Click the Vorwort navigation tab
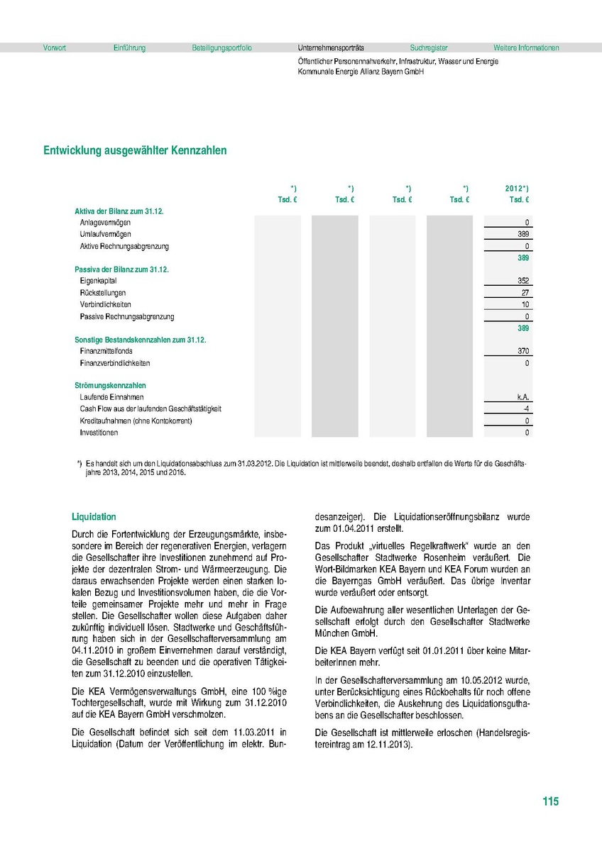[55, 48]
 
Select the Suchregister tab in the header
[429, 48]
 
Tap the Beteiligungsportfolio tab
[221, 48]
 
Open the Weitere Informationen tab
[526, 48]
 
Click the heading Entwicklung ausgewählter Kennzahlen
[136, 150]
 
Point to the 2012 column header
[516, 189]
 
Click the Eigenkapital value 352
[523, 281]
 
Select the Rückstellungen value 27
[525, 293]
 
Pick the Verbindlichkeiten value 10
[525, 305]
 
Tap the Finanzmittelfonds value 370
[523, 351]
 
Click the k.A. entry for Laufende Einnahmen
[523, 397]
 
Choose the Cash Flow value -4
[525, 409]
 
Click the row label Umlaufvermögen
[105, 235]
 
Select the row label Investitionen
[99, 433]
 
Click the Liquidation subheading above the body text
[94, 517]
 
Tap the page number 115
[550, 801]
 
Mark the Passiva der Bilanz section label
[121, 270]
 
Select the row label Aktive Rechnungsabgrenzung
[124, 247]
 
